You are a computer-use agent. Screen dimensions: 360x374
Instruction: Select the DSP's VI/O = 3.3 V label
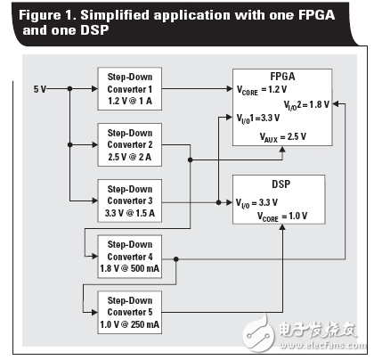267,202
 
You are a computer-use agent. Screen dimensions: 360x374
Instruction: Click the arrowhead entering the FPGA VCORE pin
228,88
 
